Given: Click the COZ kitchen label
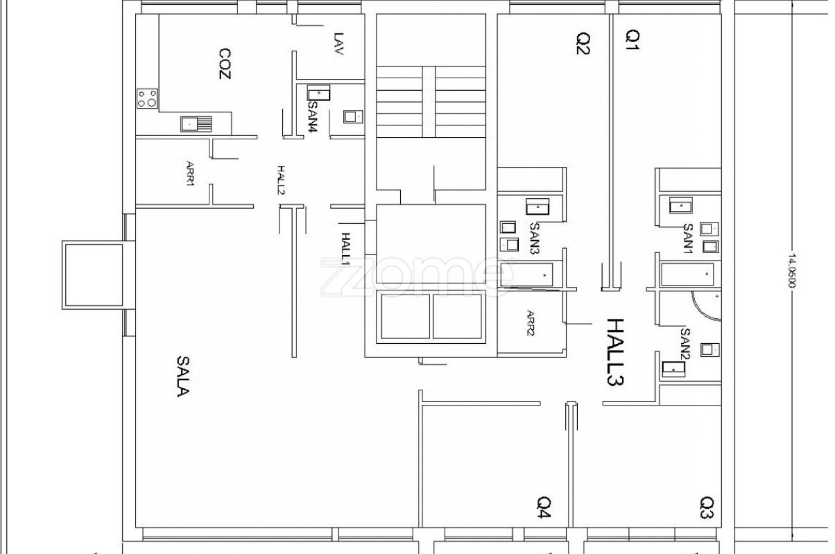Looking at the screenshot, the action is coord(225,64).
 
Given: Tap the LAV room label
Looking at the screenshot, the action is coord(338,44).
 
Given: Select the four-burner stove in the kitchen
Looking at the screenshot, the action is coord(147,99).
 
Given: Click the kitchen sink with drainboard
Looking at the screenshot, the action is coord(196,124).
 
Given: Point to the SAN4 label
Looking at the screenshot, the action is coord(313,117).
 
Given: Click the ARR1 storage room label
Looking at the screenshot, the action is coord(190,173).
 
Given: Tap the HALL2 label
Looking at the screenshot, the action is coord(281,180).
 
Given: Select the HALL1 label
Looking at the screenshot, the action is coord(346,248).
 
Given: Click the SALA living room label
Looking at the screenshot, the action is coord(183,376).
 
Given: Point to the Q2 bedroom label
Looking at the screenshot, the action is coord(583,44).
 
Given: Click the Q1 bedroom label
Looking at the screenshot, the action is coord(633,40).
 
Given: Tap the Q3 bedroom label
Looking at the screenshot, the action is coord(707,507).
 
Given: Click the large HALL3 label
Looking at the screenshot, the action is coord(615,352).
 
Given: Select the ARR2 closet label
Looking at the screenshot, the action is coord(530,323).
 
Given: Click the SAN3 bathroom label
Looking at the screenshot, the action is coord(535,238).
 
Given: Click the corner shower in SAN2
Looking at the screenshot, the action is coord(706,306).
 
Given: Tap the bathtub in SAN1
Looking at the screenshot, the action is coord(687,274).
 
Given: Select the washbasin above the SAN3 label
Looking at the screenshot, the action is coord(538,207).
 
